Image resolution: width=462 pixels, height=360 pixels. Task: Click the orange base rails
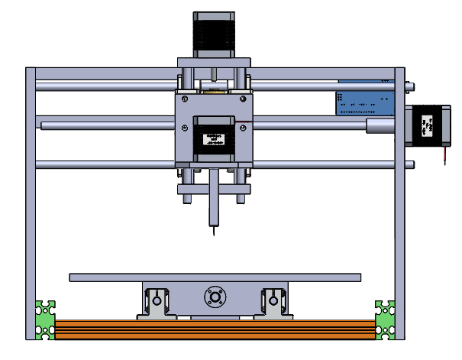[214, 329]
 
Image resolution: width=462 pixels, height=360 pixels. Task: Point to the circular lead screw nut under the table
[213, 297]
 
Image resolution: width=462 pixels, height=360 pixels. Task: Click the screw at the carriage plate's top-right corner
[244, 99]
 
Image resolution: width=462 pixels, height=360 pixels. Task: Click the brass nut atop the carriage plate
[213, 90]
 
